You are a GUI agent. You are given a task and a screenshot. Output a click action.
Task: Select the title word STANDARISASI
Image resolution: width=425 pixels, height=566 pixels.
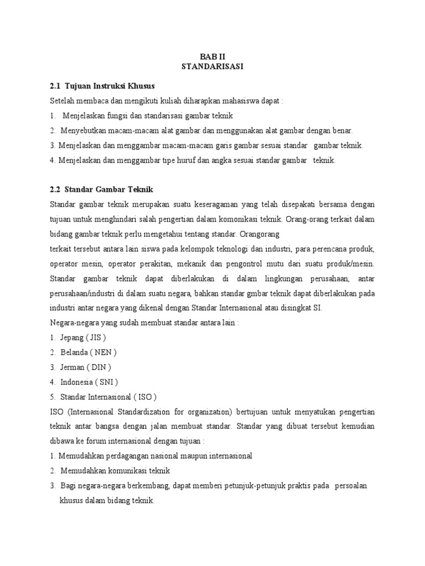tap(212, 67)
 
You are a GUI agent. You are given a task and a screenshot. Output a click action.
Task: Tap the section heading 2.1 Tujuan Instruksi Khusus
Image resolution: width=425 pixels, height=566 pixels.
tap(102, 86)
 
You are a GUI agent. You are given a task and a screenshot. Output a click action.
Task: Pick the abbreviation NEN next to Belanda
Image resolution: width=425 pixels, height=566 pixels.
tap(105, 352)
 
